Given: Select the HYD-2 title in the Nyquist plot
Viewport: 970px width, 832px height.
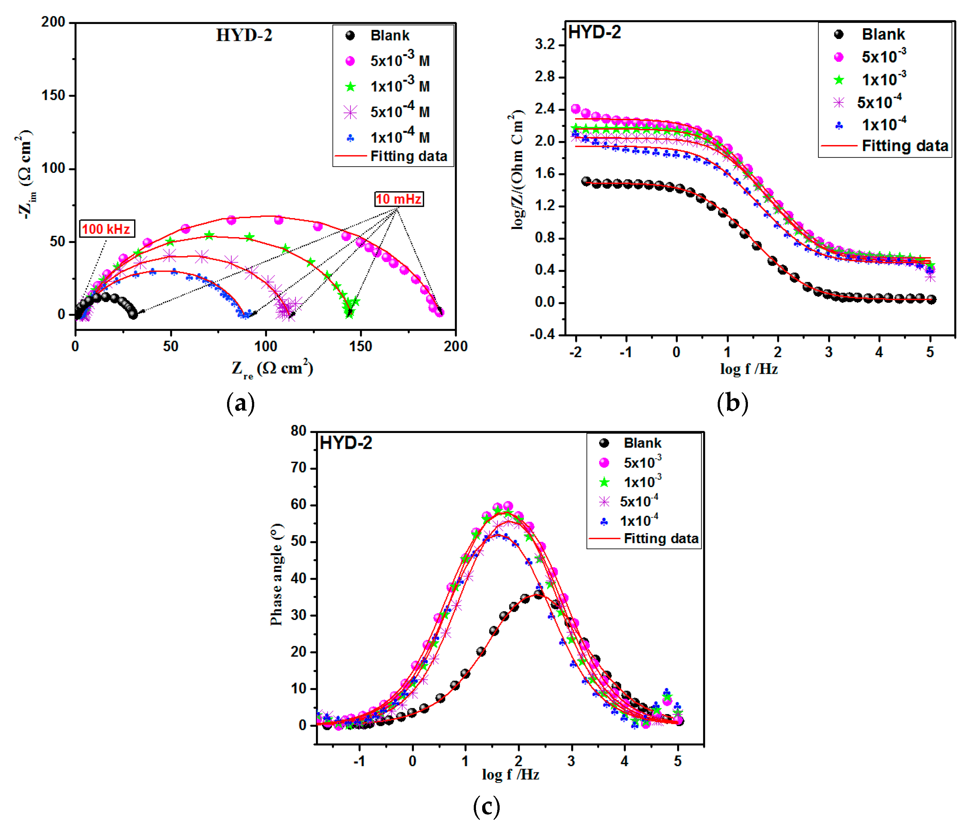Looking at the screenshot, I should (x=244, y=35).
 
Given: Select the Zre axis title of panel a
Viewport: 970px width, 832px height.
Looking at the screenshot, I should (x=272, y=368).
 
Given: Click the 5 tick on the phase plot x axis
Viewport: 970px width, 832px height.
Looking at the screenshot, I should (x=677, y=761).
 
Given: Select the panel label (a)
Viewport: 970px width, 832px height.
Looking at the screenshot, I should (x=240, y=403).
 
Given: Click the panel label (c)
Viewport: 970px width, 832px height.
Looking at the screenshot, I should (x=487, y=807).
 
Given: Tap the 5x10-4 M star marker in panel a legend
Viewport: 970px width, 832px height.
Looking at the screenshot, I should (x=350, y=112).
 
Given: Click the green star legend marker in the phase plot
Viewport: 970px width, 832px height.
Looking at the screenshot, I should (x=604, y=482).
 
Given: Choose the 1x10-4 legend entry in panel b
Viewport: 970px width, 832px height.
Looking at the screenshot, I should (x=883, y=124).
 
